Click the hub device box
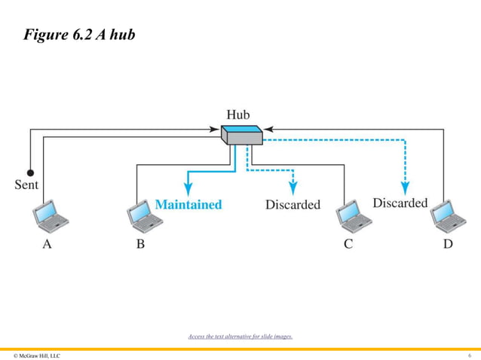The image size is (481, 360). [241, 135]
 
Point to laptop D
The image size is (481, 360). [447, 217]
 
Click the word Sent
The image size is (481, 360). [26, 184]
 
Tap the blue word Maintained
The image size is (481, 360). [188, 204]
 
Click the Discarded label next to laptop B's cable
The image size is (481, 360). [293, 204]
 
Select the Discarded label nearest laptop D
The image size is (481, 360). [400, 203]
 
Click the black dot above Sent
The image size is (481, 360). [30, 171]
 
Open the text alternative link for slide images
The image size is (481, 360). [240, 337]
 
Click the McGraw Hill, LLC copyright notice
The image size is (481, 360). [37, 355]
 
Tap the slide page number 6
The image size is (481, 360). [469, 355]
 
